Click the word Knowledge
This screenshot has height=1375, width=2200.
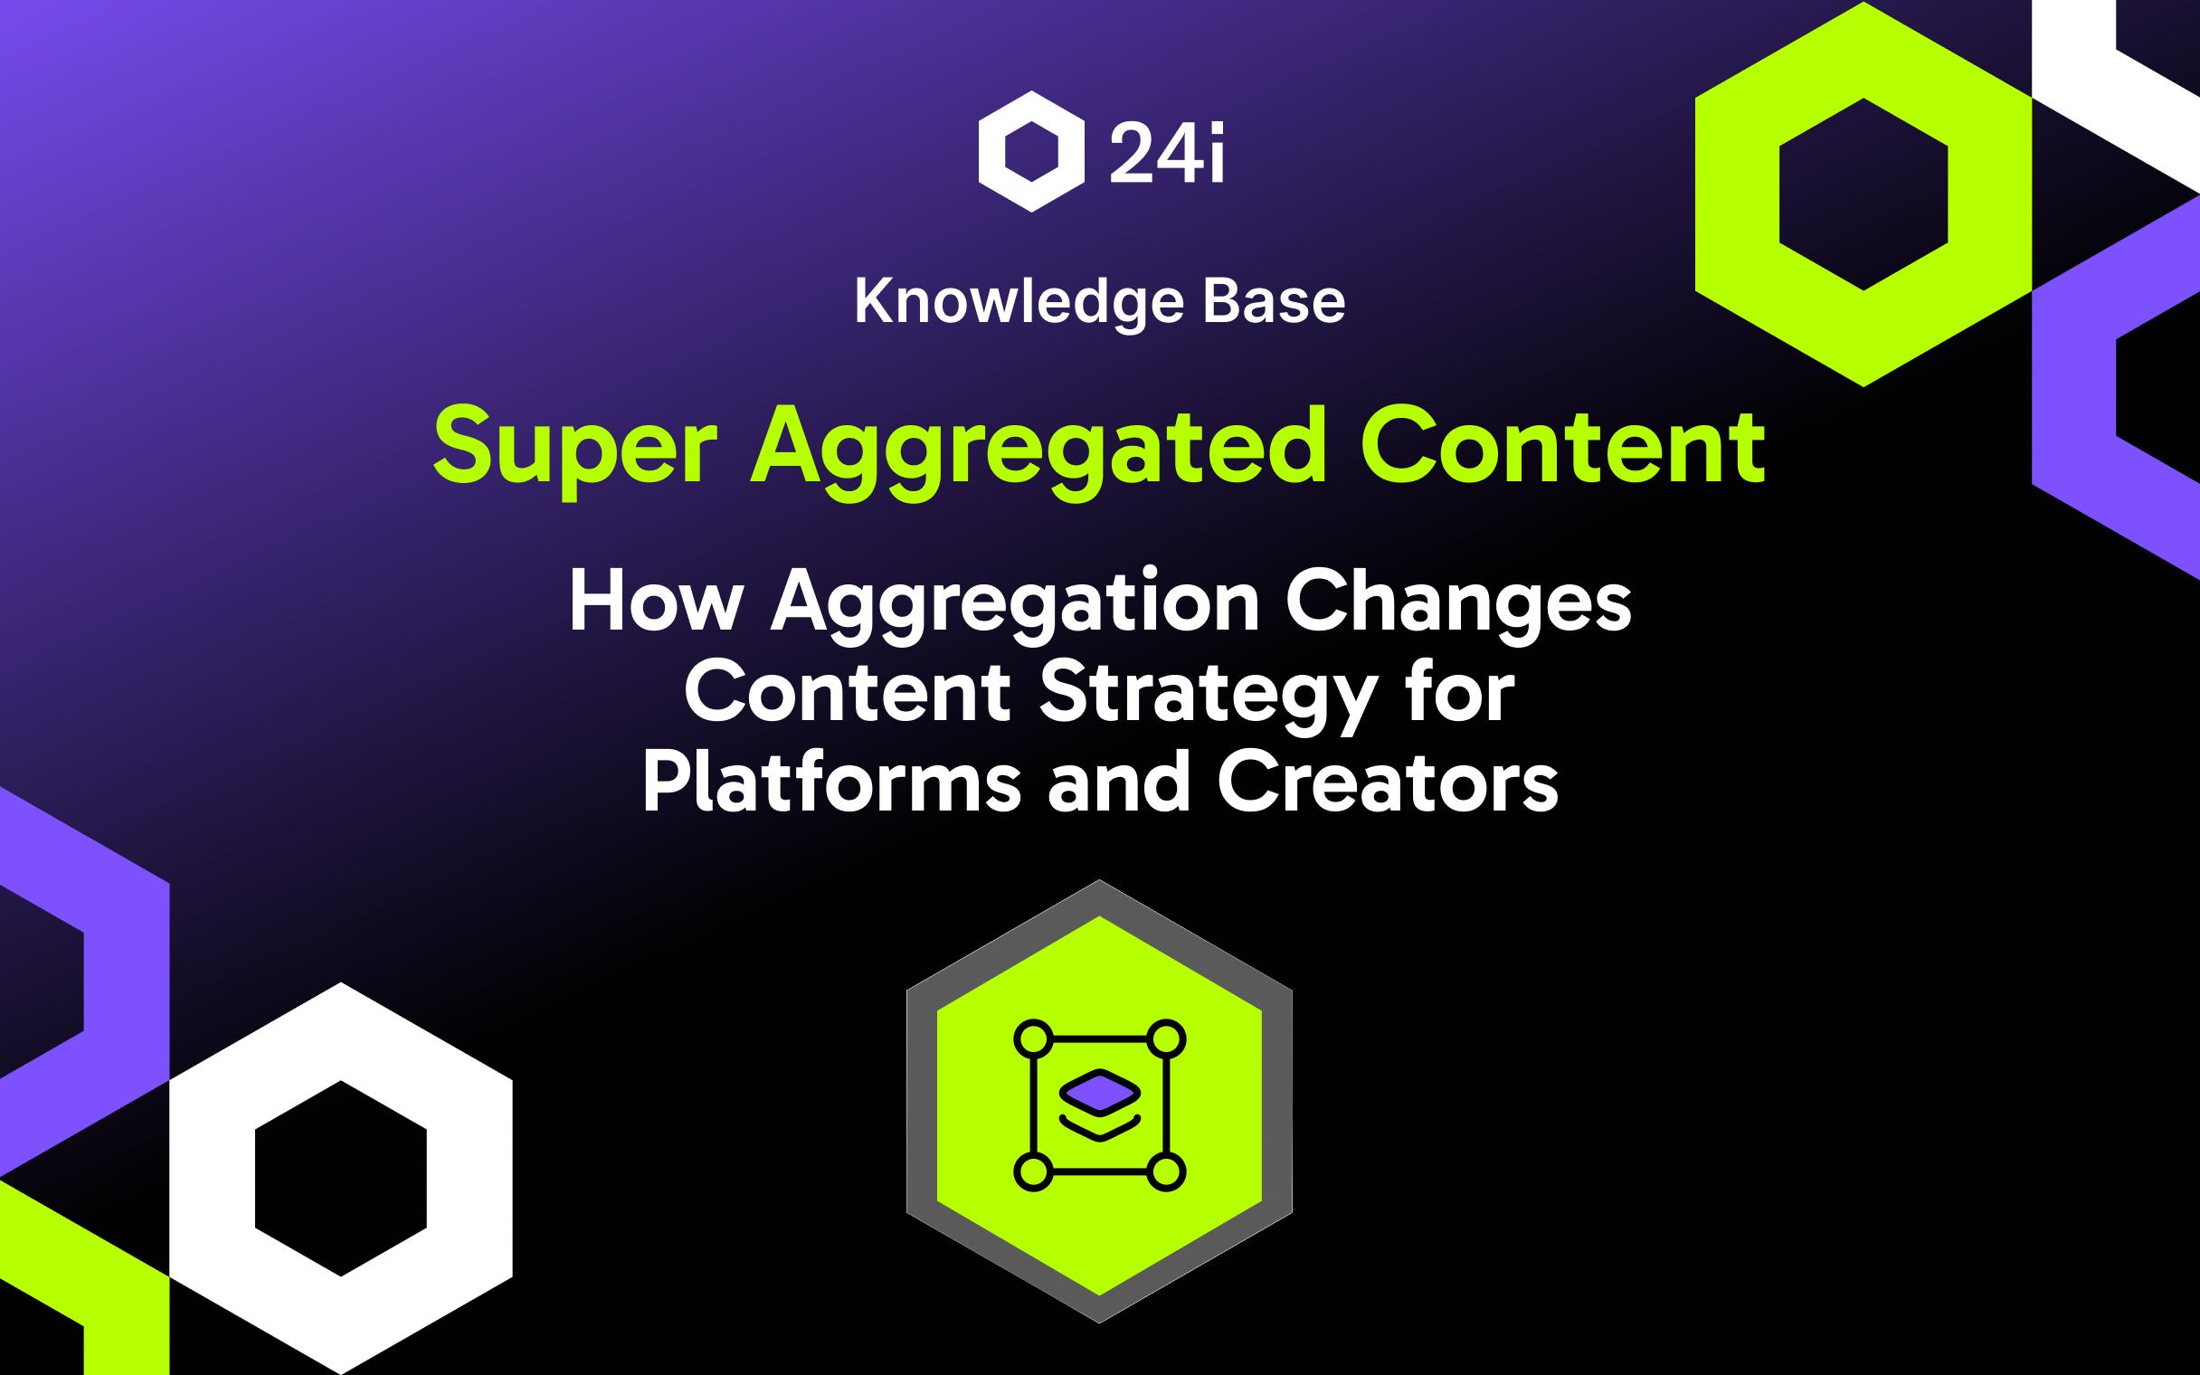pos(1019,303)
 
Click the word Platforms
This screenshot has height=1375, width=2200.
pos(832,784)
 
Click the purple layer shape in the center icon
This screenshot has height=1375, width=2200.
pos(1099,1089)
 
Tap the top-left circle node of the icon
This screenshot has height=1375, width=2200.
pos(1032,1038)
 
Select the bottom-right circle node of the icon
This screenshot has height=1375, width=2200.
pos(1167,1172)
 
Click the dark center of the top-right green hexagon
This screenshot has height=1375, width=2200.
pos(1863,193)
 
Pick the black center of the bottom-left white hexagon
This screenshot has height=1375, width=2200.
pos(341,1178)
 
